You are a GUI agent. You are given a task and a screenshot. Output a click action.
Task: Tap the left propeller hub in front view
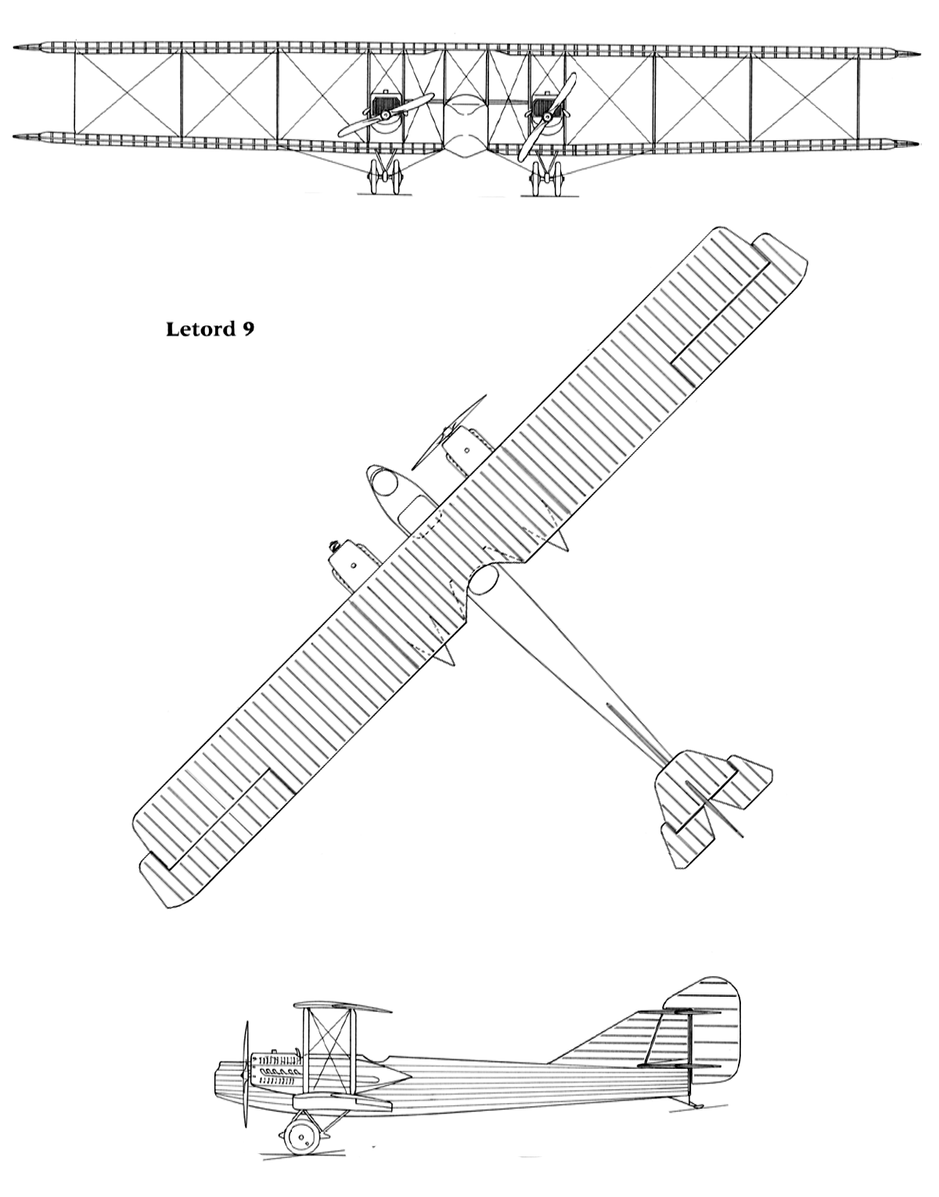(x=386, y=114)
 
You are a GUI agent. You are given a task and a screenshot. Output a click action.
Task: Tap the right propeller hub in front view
(x=547, y=117)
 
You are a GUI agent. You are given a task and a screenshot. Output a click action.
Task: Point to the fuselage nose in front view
(x=466, y=126)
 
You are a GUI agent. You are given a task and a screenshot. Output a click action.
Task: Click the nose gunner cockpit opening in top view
(x=384, y=483)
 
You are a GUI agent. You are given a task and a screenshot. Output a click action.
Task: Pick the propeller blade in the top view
(x=448, y=438)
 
